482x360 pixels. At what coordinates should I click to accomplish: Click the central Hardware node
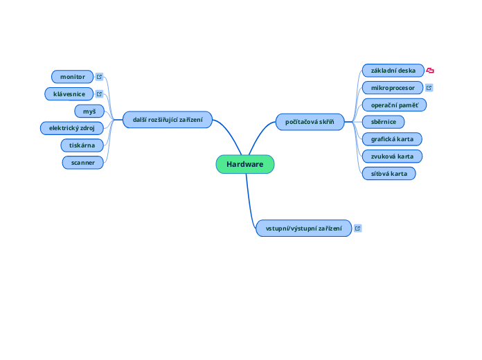[245, 164]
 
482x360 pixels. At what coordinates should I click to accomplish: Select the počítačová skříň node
[310, 123]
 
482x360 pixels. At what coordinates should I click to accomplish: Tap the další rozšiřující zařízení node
[168, 120]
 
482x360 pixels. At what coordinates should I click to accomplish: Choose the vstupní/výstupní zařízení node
[303, 228]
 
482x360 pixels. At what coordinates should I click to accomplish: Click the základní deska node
[393, 71]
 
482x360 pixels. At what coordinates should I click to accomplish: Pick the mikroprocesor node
[393, 88]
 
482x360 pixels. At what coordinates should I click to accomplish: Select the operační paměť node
[394, 105]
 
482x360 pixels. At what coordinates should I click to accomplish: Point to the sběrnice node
[384, 122]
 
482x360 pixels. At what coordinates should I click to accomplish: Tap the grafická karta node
[392, 138]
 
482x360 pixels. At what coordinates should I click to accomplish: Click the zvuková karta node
[392, 156]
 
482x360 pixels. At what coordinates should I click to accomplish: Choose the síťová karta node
[389, 173]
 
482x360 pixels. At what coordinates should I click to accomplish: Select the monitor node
[73, 76]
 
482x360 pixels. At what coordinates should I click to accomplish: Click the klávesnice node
[69, 93]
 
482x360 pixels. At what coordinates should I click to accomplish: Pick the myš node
[89, 111]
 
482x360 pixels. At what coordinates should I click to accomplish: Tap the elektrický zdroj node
[72, 128]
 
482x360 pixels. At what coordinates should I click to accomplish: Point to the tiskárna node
[82, 145]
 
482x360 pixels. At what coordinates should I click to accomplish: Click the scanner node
[83, 163]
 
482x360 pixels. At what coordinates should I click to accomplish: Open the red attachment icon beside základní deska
[430, 71]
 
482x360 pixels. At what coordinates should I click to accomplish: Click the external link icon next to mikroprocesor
[429, 88]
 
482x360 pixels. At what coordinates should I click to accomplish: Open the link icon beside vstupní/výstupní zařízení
[358, 228]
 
